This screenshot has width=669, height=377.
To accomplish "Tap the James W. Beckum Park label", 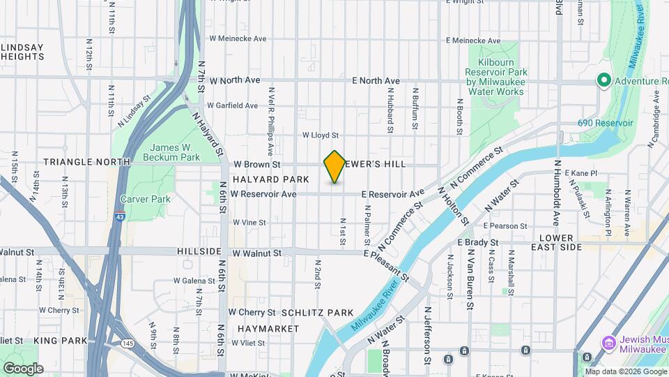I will pyautogui.click(x=176, y=152).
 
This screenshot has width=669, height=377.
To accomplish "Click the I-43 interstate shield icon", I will pyautogui.click(x=120, y=216).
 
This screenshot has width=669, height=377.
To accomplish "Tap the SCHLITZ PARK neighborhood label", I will pyautogui.click(x=317, y=313).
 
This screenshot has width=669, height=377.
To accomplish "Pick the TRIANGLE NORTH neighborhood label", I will pyautogui.click(x=86, y=161).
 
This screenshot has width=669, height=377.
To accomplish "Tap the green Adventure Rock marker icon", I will pyautogui.click(x=603, y=82).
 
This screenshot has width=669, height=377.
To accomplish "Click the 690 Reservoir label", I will pyautogui.click(x=605, y=123).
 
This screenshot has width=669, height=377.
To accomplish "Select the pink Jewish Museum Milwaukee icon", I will pyautogui.click(x=607, y=343).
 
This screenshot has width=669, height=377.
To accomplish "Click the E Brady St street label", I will pyautogui.click(x=477, y=242).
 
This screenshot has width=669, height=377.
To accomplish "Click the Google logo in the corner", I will pyautogui.click(x=23, y=369).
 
